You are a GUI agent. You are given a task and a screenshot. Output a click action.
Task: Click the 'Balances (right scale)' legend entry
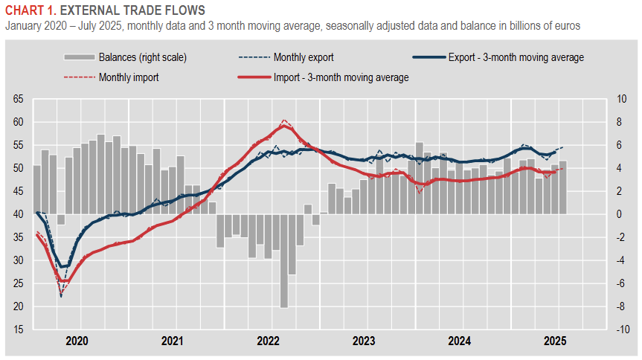[x=142, y=57]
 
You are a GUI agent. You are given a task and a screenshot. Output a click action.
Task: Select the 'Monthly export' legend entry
[x=303, y=57]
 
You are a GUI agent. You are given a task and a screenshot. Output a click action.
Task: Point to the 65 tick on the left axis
[x=19, y=99]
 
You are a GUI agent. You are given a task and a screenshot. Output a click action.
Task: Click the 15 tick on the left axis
[x=19, y=330]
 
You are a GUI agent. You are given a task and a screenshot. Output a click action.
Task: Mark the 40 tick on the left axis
[x=19, y=214]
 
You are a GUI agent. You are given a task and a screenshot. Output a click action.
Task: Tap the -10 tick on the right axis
[x=620, y=330]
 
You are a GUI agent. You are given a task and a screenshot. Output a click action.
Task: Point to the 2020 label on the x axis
[x=77, y=341]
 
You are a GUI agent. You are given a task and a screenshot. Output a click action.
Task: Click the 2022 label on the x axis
[x=269, y=341]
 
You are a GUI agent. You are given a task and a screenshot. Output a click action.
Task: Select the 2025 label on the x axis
[x=555, y=341]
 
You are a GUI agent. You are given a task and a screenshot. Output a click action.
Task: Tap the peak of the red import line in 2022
[x=283, y=126]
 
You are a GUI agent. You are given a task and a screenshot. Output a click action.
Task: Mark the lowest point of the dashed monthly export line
[x=61, y=297]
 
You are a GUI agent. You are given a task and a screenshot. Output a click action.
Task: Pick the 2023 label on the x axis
[x=364, y=341]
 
